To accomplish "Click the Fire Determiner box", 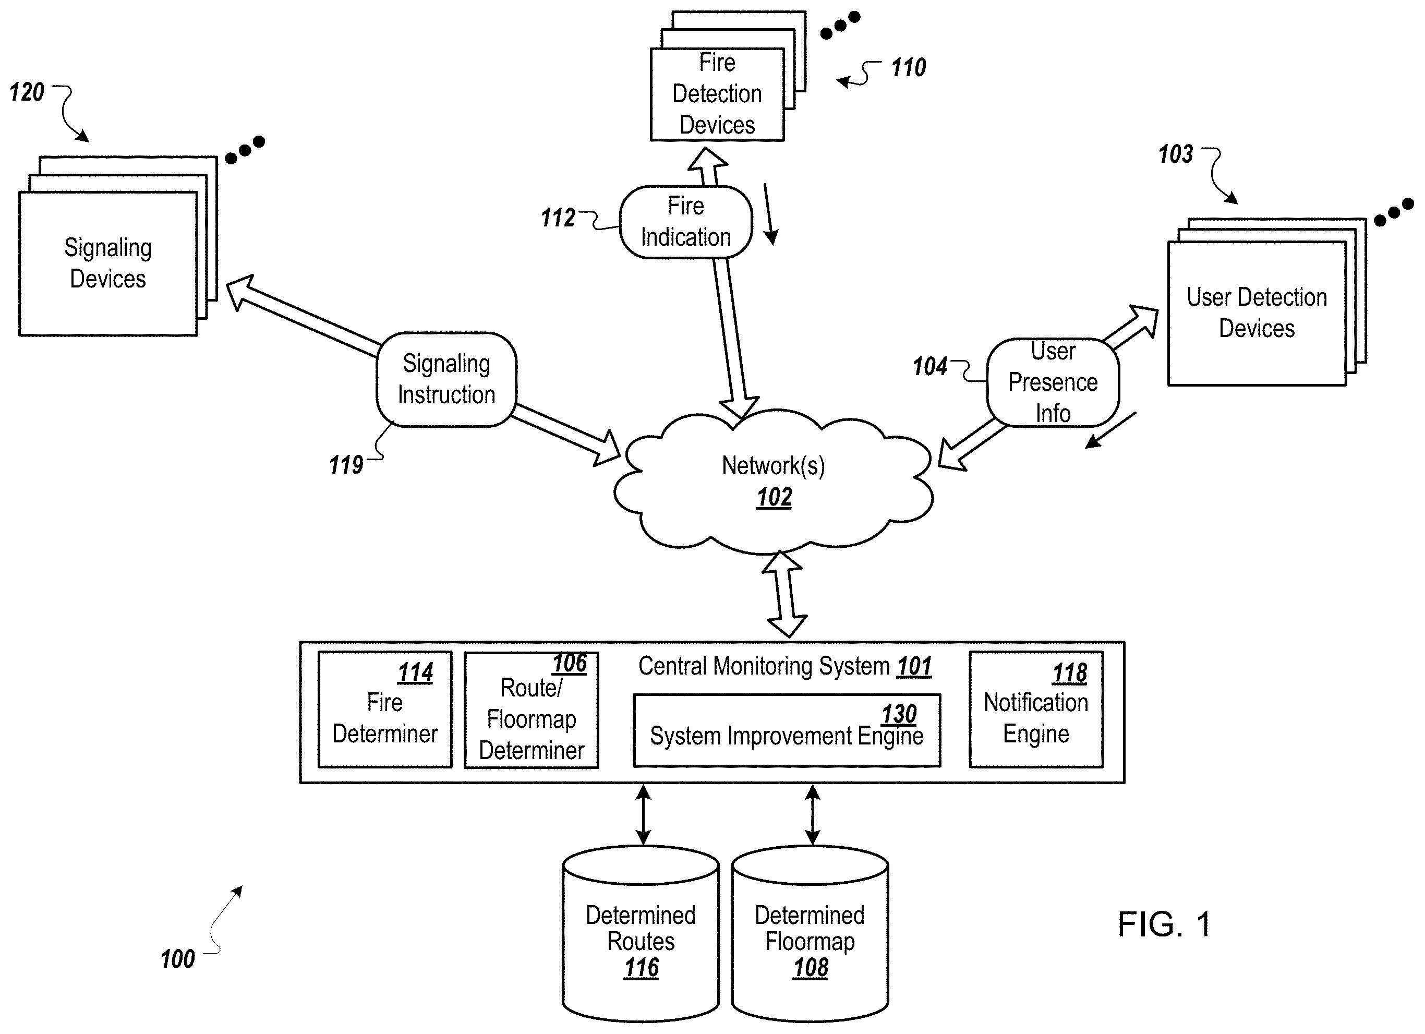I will pyautogui.click(x=384, y=710).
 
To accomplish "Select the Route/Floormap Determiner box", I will pyautogui.click(x=531, y=710).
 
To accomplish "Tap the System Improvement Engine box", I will pyautogui.click(x=787, y=730).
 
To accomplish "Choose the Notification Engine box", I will pyautogui.click(x=1035, y=710).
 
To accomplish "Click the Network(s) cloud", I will pyautogui.click(x=773, y=481).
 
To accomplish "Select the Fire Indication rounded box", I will pyautogui.click(x=685, y=222).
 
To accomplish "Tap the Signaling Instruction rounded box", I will pyautogui.click(x=446, y=380).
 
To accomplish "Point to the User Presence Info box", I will pyautogui.click(x=1053, y=382).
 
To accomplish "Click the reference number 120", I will pyautogui.click(x=27, y=92).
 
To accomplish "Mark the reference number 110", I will pyautogui.click(x=909, y=67).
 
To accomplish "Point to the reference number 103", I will pyautogui.click(x=1175, y=154).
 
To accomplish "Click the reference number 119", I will pyautogui.click(x=346, y=465).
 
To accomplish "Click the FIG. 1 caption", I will pyautogui.click(x=1164, y=924).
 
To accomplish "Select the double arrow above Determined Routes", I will pyautogui.click(x=643, y=815).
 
